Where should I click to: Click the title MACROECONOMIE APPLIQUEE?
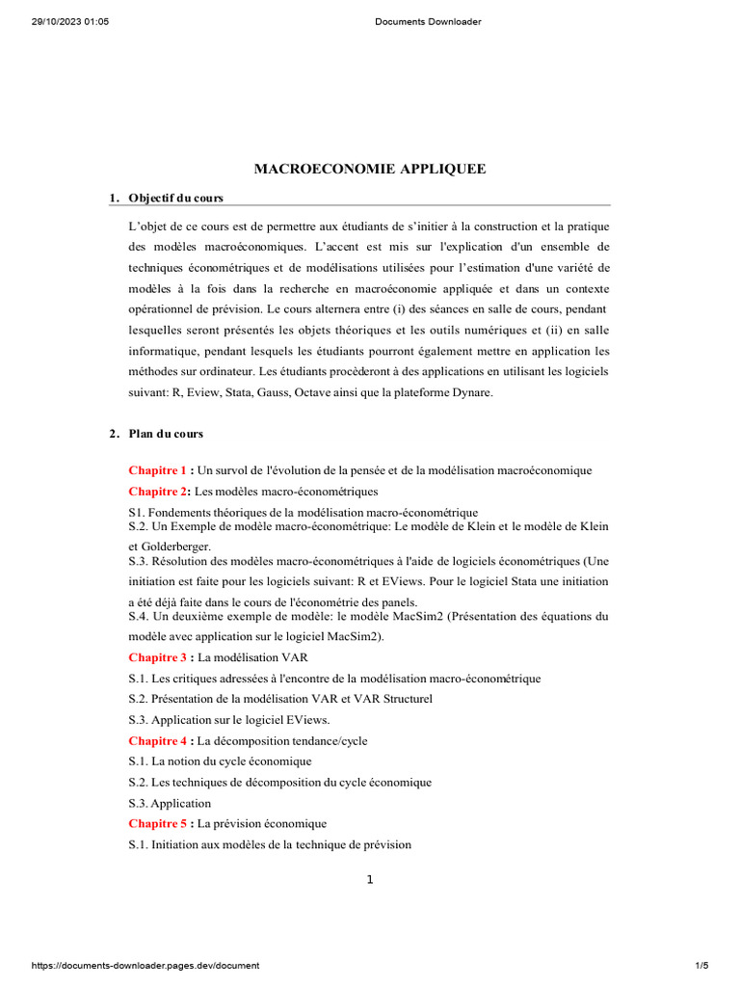tap(369, 169)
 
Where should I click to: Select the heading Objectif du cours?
tap(175, 198)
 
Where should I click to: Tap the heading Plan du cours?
tap(166, 434)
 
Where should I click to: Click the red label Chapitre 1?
tap(157, 470)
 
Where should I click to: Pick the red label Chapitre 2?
tap(157, 492)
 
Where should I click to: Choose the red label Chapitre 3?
tap(157, 657)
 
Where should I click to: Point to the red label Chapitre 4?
tap(157, 740)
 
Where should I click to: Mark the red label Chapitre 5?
tap(157, 823)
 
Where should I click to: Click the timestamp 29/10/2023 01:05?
tap(70, 21)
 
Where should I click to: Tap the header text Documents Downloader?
tap(427, 21)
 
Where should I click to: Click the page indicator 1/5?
tap(701, 965)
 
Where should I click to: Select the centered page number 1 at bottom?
tap(369, 879)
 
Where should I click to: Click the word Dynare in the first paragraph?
tap(472, 392)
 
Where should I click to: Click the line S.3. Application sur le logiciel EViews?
tap(229, 719)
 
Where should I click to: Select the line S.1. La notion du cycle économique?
tap(221, 760)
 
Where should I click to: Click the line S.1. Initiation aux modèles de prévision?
tap(270, 844)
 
